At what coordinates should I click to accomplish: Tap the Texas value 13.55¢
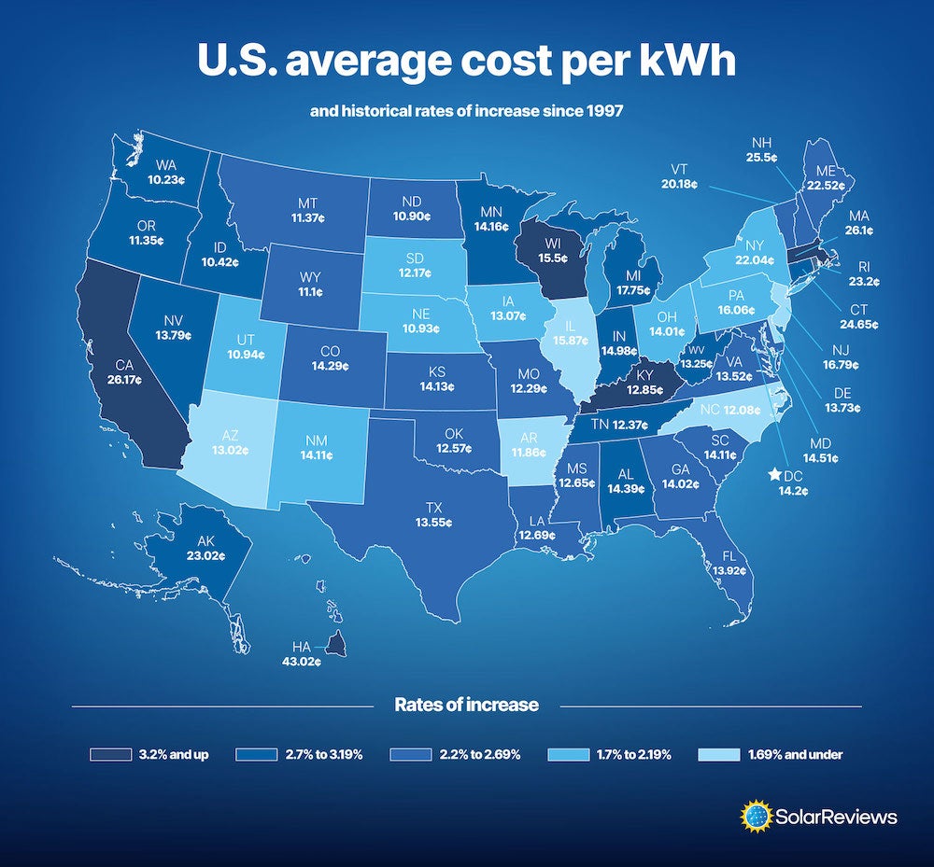[434, 523]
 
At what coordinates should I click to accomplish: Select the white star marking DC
[774, 474]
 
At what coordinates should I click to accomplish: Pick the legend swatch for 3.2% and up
[109, 754]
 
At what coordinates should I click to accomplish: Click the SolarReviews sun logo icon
[755, 817]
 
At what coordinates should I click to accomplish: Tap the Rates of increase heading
[466, 705]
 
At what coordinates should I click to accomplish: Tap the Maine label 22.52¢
[825, 186]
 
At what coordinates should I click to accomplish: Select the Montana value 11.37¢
[308, 218]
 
